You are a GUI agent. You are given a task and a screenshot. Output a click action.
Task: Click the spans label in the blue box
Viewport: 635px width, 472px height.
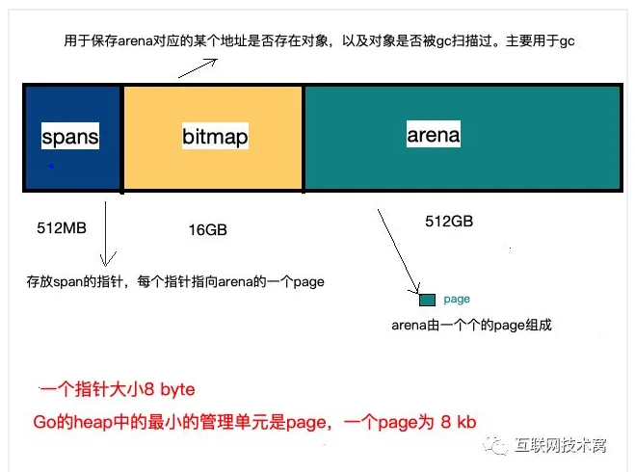(x=70, y=136)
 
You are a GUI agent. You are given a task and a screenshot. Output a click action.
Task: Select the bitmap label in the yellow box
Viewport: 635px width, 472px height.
(x=215, y=136)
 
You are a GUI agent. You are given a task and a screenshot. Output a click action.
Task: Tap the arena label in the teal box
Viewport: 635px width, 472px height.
(x=434, y=134)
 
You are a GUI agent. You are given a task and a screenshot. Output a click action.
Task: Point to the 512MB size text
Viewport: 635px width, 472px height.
(x=62, y=228)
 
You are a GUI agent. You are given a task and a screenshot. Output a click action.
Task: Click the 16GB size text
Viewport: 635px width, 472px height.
(x=208, y=230)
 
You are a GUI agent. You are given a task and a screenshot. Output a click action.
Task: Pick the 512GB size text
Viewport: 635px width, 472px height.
(x=449, y=222)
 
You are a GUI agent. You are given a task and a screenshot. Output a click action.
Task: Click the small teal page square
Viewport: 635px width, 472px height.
(x=427, y=300)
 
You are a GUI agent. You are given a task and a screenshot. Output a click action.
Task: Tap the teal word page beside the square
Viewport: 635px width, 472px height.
(x=457, y=300)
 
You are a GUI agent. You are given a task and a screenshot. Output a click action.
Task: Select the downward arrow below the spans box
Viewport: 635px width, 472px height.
(x=106, y=234)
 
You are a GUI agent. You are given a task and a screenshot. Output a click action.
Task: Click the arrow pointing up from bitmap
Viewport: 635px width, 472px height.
(x=198, y=68)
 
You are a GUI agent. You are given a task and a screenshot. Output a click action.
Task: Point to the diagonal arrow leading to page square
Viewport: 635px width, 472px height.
(x=399, y=251)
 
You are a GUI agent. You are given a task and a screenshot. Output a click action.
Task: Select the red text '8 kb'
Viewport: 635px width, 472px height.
(x=459, y=422)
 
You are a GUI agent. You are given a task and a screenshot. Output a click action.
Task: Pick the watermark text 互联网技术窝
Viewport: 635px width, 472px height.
(x=561, y=445)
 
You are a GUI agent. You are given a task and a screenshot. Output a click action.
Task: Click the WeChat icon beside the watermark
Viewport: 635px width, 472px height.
(x=495, y=445)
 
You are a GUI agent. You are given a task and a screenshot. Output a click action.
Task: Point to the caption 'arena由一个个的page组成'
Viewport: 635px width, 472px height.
(x=471, y=325)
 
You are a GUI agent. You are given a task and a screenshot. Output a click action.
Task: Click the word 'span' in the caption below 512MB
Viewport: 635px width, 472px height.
(x=67, y=281)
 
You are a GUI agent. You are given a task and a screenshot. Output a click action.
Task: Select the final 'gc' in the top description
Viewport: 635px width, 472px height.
(x=567, y=40)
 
